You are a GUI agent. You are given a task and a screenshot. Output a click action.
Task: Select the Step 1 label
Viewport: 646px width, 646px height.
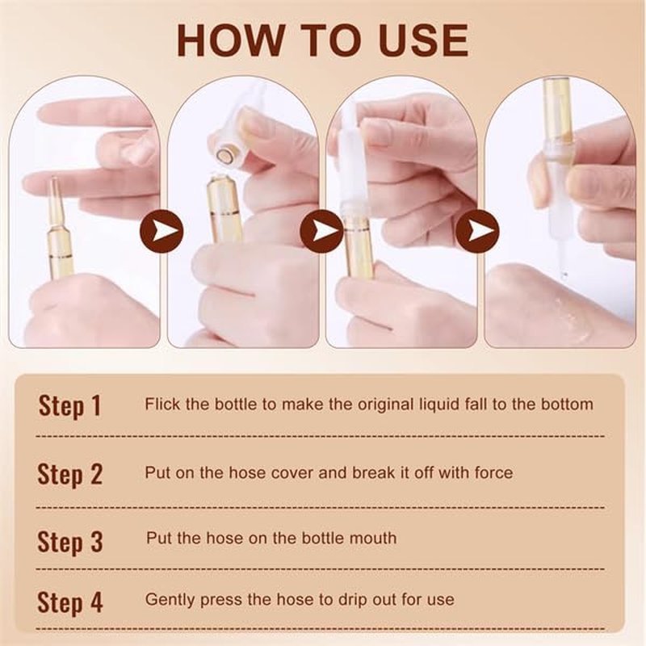(69, 406)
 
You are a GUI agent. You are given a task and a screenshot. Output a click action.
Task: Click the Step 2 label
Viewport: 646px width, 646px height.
(69, 474)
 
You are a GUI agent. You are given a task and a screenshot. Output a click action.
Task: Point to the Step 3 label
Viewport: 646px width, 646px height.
(69, 542)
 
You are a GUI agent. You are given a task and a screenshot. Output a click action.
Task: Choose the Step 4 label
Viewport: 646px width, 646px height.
(69, 602)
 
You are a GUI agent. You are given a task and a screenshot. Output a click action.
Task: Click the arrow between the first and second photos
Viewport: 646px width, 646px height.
(161, 231)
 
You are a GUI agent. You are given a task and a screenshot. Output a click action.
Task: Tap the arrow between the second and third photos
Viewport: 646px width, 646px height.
(321, 231)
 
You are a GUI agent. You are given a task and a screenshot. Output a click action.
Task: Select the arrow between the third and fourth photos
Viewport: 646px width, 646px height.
(477, 231)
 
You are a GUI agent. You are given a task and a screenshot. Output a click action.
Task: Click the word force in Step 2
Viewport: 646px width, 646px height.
(493, 472)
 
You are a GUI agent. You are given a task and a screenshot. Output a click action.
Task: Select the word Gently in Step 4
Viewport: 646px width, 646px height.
(170, 600)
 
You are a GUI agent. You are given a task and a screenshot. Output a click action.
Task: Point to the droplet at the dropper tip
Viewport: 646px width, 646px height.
(564, 274)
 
